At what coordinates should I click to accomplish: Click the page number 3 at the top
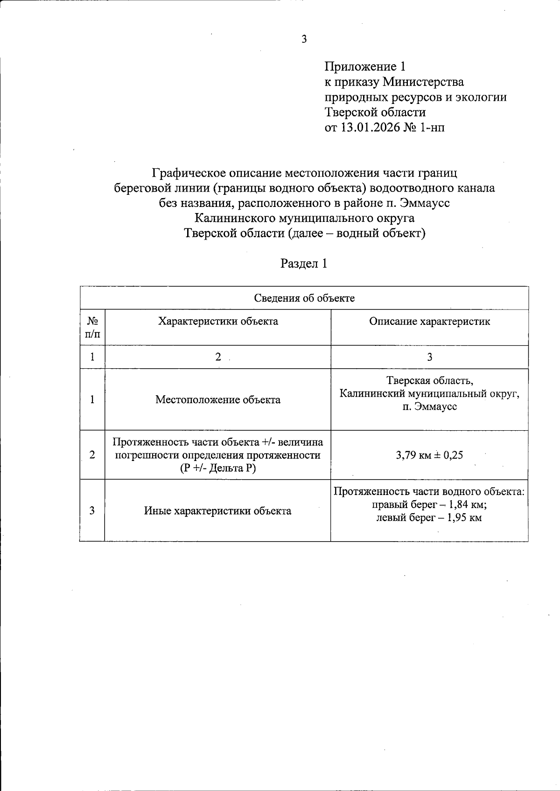pyautogui.click(x=304, y=39)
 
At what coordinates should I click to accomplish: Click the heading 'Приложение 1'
pyautogui.click(x=362, y=67)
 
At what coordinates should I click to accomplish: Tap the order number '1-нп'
pyautogui.click(x=432, y=127)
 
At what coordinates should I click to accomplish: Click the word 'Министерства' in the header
pyautogui.click(x=423, y=82)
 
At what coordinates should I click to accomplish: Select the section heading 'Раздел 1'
pyautogui.click(x=304, y=264)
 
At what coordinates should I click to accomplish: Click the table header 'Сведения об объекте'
pyautogui.click(x=304, y=298)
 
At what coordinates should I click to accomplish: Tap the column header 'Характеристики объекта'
pyautogui.click(x=218, y=322)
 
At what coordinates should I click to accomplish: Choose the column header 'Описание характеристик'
pyautogui.click(x=429, y=322)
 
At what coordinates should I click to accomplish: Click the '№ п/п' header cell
pyautogui.click(x=92, y=328)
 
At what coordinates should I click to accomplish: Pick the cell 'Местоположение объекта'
pyautogui.click(x=218, y=400)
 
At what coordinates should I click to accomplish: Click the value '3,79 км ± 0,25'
pyautogui.click(x=429, y=455)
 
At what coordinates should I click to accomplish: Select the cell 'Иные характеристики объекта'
pyautogui.click(x=217, y=511)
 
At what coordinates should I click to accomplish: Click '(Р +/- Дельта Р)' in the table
pyautogui.click(x=218, y=468)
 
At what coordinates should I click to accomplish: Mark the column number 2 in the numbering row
pyautogui.click(x=218, y=357)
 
